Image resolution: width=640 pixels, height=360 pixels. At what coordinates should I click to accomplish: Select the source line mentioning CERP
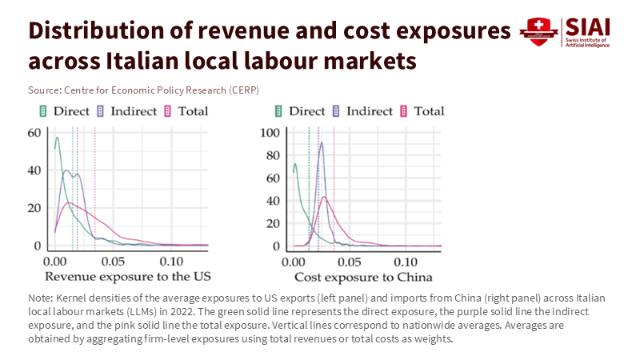143,89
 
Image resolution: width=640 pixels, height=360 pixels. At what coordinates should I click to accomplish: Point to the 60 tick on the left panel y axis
34,133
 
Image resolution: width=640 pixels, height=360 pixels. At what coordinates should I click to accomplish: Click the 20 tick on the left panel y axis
34,207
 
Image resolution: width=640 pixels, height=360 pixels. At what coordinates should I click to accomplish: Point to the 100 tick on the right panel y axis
271,133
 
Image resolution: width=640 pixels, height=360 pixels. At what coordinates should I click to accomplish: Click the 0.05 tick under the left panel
113,261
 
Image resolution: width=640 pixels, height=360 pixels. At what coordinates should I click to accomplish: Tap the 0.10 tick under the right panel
408,261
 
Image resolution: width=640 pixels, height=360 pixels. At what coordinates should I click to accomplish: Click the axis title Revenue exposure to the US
128,277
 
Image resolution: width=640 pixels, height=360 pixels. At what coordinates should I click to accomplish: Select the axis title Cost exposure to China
363,277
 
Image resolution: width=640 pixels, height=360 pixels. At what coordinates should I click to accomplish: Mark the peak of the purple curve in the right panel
322,143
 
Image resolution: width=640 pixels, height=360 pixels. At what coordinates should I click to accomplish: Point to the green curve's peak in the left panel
57,138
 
